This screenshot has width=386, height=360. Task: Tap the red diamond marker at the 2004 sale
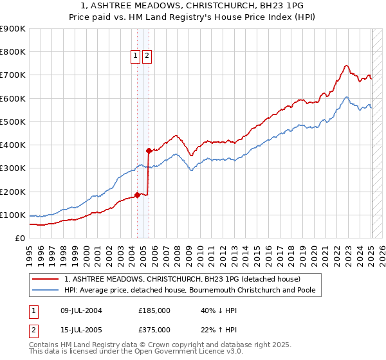click(x=137, y=195)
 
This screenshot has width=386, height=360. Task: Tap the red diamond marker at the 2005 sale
click(x=149, y=151)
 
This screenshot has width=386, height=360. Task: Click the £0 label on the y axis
click(x=19, y=239)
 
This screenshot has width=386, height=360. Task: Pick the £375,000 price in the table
click(x=154, y=330)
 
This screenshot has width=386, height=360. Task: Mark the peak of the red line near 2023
click(x=346, y=65)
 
